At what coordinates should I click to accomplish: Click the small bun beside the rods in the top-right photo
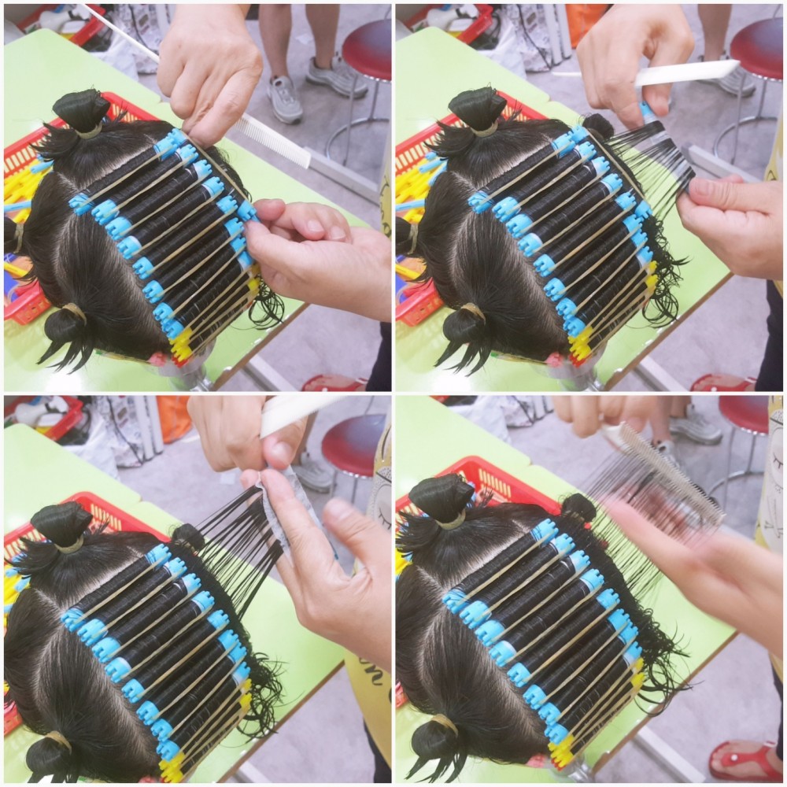click(x=600, y=126)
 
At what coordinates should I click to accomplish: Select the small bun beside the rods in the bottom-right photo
click(x=578, y=508)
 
